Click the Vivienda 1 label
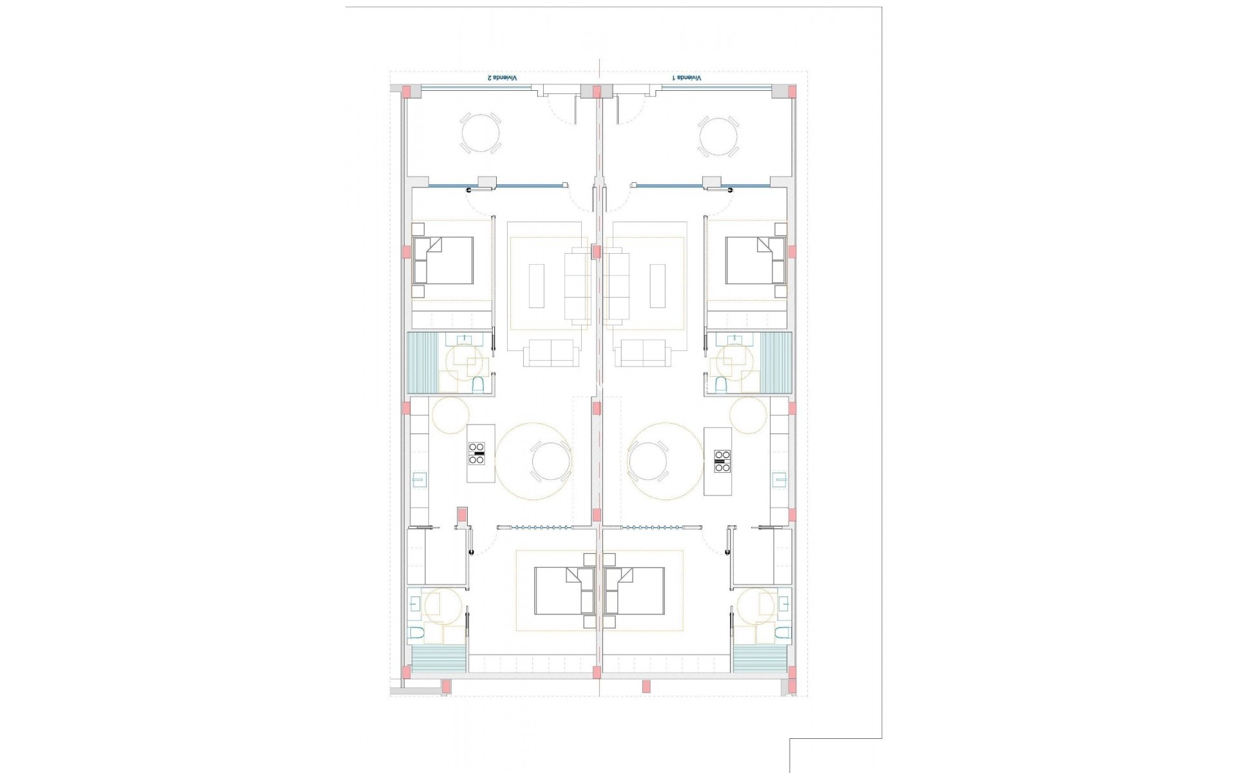[x=687, y=77]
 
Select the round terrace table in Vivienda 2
[x=481, y=133]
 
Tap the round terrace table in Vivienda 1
[x=718, y=136]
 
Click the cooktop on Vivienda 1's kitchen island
[x=722, y=461]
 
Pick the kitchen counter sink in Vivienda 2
[x=419, y=479]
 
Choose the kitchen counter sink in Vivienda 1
[x=780, y=479]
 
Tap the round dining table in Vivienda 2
[x=551, y=462]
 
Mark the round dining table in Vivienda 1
[x=647, y=462]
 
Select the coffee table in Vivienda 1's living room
[x=658, y=285]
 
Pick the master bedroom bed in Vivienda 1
[x=635, y=591]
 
